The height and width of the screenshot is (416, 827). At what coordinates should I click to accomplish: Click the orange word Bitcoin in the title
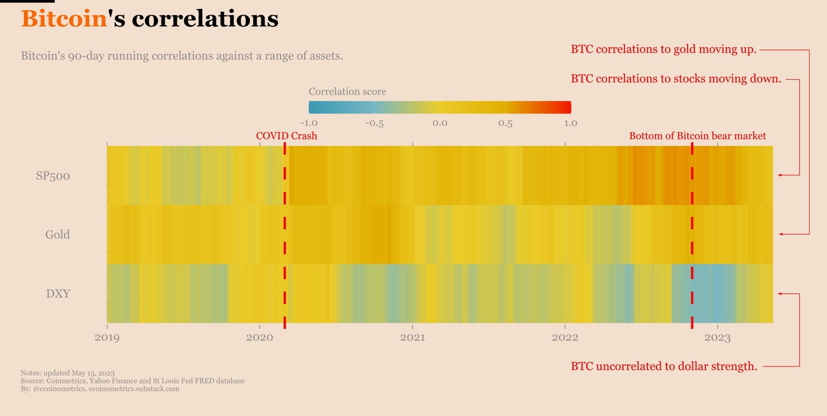[64, 19]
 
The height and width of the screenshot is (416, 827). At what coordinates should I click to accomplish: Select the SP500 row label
[53, 176]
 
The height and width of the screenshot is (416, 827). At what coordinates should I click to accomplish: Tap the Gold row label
[58, 235]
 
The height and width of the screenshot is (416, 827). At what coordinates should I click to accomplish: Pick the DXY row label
[58, 294]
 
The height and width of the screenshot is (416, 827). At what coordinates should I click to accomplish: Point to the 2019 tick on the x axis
[107, 337]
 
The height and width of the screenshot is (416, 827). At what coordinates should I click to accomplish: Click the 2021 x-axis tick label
[412, 337]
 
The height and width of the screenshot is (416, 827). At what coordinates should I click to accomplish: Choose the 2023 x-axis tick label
[717, 337]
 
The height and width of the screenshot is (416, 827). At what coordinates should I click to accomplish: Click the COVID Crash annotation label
[286, 136]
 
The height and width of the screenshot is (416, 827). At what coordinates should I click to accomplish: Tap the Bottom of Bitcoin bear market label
[697, 136]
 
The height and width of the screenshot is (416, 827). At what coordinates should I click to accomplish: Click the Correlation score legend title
[347, 91]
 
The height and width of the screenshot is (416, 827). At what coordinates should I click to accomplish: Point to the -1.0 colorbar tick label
[309, 123]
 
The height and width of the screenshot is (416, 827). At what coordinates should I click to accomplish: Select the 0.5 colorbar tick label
[505, 123]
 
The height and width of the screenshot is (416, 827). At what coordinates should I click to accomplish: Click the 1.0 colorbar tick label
[571, 123]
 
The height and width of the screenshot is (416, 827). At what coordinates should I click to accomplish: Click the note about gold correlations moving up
[663, 50]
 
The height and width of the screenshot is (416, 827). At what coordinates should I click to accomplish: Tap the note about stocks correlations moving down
[676, 79]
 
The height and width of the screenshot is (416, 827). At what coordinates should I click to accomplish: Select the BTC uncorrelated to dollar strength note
[664, 366]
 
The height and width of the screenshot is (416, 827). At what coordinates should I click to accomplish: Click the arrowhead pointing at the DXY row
[779, 294]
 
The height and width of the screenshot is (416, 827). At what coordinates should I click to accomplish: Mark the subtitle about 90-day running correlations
[182, 56]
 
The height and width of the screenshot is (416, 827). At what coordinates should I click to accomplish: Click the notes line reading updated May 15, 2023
[68, 373]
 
